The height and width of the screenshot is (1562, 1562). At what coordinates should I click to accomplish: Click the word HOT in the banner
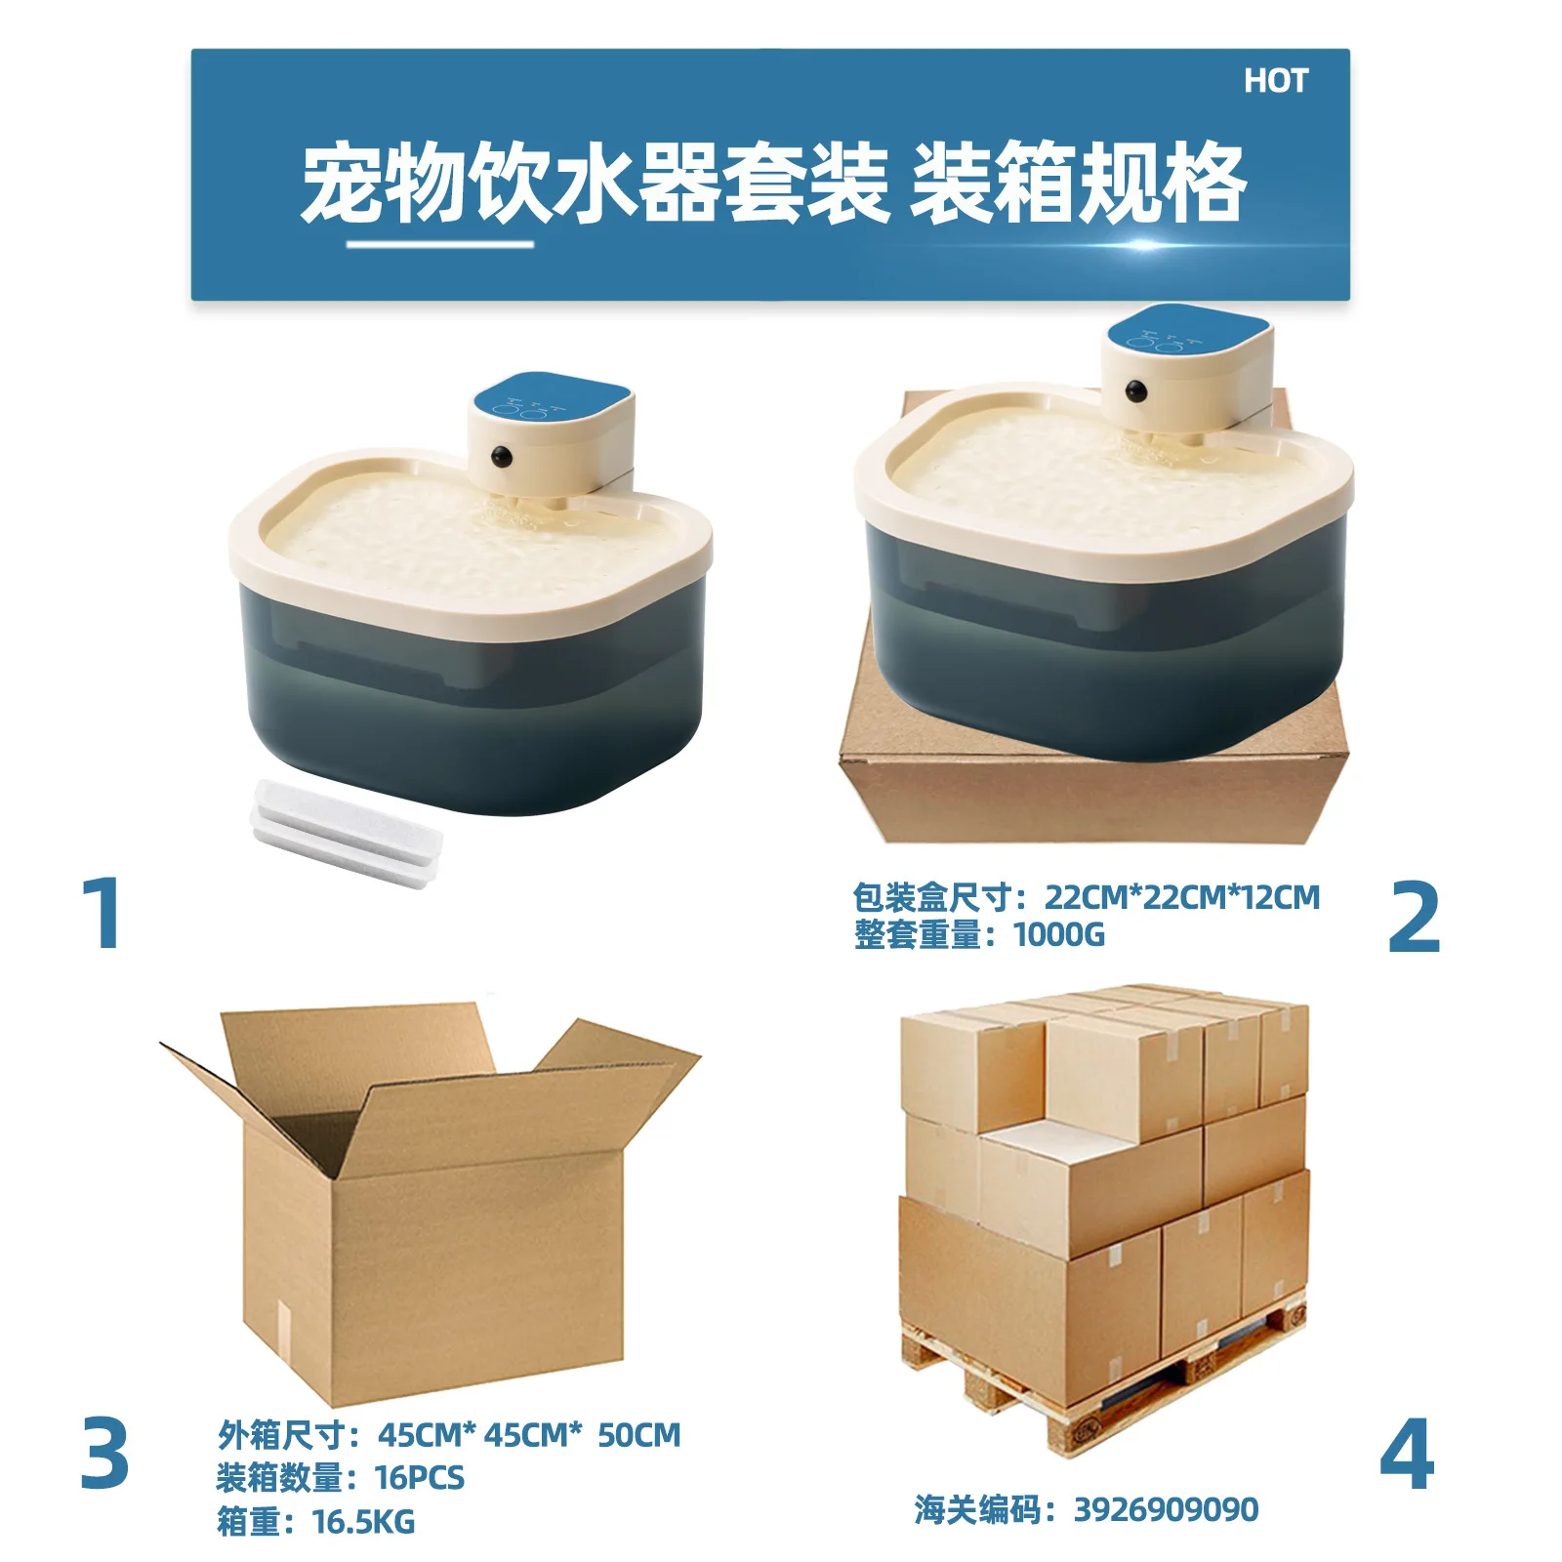pos(1275,81)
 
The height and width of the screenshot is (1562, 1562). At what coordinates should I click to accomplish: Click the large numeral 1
pos(103,913)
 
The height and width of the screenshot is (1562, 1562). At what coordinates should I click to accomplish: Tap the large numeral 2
pos(1414,917)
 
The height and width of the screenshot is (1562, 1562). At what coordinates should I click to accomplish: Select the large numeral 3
pos(104,1453)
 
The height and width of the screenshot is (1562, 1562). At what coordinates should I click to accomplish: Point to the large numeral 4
pos(1407,1454)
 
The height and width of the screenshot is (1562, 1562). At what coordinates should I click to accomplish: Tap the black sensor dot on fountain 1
pos(502,456)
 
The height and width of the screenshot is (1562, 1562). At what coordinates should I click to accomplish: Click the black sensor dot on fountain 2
pos(1135,391)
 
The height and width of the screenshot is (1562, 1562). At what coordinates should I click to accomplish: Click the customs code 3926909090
pos(1166,1509)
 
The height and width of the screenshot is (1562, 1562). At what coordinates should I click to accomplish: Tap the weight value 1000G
pos(1059,934)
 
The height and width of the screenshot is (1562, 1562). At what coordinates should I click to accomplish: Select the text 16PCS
pos(420,1477)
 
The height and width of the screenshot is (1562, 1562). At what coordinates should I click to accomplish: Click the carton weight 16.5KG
pos(363,1521)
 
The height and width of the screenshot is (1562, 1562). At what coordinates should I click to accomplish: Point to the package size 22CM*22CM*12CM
pos(1182,896)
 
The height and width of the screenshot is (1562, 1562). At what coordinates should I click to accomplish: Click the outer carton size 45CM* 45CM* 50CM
pos(529,1434)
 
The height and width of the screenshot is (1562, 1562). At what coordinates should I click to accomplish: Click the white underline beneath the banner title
pos(440,244)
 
